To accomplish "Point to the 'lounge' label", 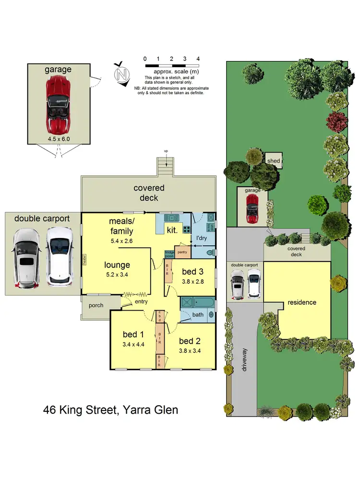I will pos(117,264).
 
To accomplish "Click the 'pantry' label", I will pos(181,251).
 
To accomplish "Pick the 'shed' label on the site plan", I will pos(274,161).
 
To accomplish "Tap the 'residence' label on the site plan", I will pos(302,302).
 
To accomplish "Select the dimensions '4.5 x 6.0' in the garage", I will pos(58,139).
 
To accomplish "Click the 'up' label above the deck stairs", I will pos(166,151).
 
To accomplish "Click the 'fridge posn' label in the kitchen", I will pos(169,253).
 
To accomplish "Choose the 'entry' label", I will pos(141,301).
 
